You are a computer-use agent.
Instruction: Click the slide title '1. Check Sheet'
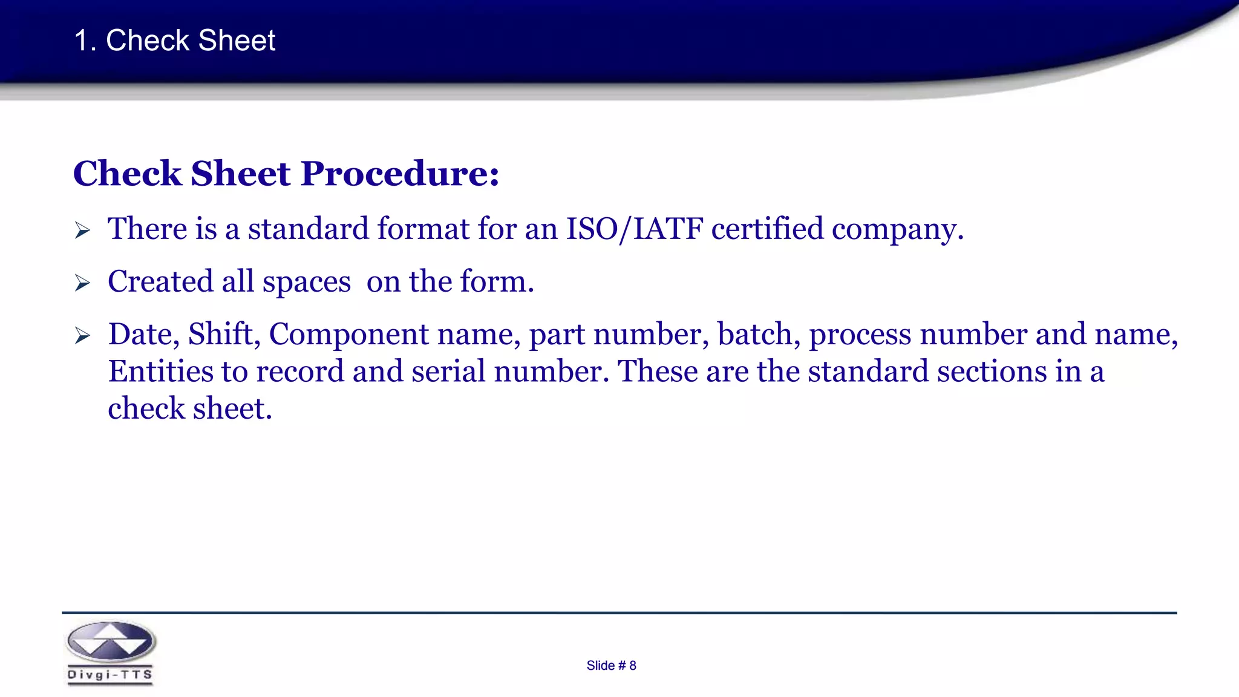(174, 41)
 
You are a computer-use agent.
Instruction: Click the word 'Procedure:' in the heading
(400, 174)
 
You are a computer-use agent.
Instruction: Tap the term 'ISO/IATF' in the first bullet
(634, 229)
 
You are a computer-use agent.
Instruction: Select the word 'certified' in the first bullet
(767, 229)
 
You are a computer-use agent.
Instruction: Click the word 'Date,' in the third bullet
(144, 335)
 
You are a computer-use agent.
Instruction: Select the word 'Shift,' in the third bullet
(224, 335)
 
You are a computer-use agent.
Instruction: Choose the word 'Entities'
(160, 371)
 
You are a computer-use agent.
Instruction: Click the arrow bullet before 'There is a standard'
(82, 231)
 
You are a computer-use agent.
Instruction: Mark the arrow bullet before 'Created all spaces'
(82, 283)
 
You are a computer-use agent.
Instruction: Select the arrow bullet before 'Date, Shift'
(82, 336)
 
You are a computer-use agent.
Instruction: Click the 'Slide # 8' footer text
(611, 666)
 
